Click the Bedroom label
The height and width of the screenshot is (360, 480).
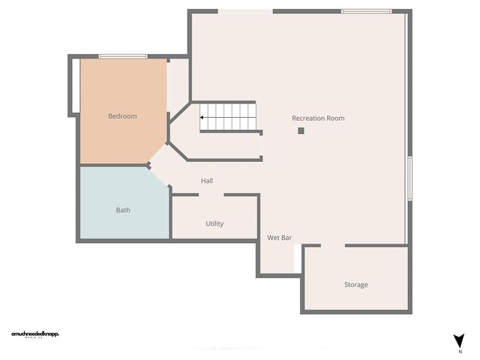click(122, 116)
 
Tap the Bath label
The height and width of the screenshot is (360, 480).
click(123, 210)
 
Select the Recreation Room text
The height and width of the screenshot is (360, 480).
click(318, 118)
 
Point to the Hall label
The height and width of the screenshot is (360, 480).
click(207, 181)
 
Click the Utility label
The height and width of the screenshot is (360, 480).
click(214, 223)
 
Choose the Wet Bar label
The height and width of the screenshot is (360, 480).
click(280, 238)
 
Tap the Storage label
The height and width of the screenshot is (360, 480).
click(355, 285)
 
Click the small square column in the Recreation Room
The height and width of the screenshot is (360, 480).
click(301, 130)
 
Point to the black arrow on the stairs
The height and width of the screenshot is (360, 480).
click(203, 117)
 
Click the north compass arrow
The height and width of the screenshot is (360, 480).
click(459, 340)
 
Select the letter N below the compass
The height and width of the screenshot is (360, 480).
click(459, 351)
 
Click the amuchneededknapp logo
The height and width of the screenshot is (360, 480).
click(35, 334)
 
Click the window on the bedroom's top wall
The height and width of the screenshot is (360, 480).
click(123, 56)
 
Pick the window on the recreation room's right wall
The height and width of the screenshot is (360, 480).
click(409, 178)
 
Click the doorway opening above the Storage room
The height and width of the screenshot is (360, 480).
click(333, 245)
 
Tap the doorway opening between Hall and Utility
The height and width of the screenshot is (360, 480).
click(211, 195)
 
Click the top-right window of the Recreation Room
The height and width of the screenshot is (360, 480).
click(366, 11)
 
